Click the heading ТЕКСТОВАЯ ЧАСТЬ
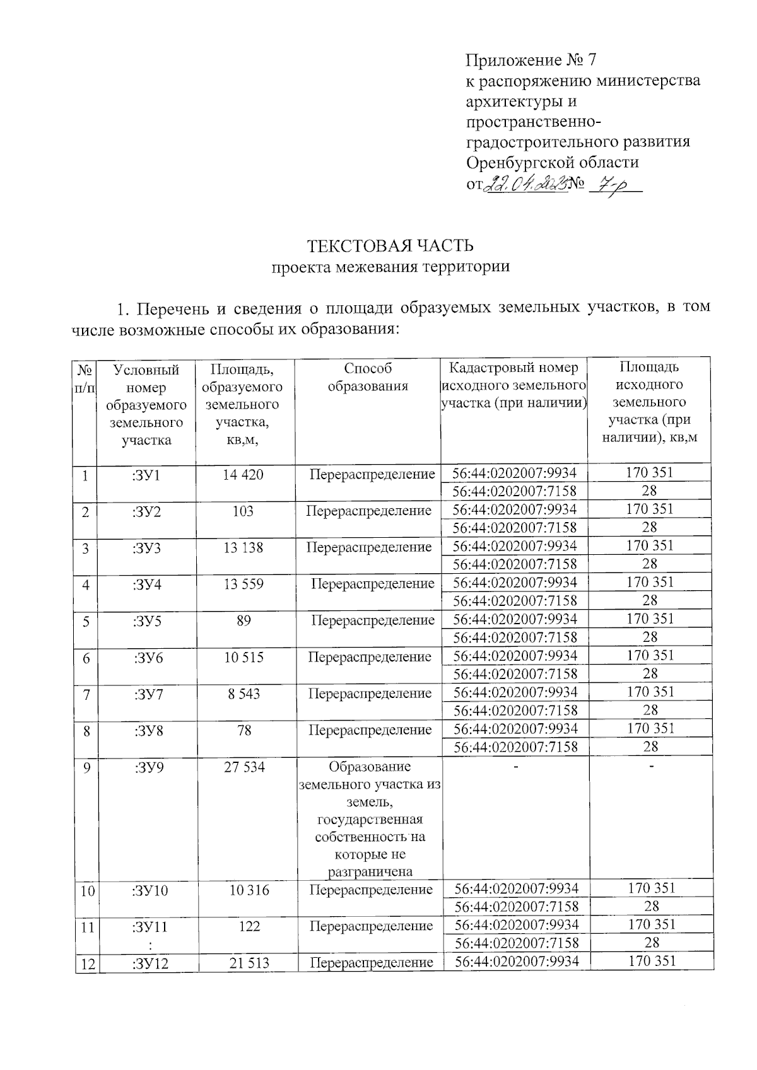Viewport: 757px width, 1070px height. (x=390, y=245)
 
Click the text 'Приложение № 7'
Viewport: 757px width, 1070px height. (x=531, y=61)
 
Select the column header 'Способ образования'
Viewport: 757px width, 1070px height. (x=368, y=377)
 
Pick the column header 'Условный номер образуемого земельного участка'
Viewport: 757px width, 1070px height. (x=146, y=405)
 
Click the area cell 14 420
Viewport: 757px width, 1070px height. (x=243, y=474)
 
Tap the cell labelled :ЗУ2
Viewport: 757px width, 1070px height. (x=147, y=511)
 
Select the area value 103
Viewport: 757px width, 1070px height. (x=243, y=511)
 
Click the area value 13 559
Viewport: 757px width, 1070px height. (x=244, y=584)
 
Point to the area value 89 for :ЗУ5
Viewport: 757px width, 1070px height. (x=244, y=620)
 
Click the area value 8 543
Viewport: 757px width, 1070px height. (x=244, y=694)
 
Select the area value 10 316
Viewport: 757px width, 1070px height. (x=249, y=890)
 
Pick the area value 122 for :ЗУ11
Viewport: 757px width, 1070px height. (x=250, y=927)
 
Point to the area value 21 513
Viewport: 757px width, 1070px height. (x=250, y=963)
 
